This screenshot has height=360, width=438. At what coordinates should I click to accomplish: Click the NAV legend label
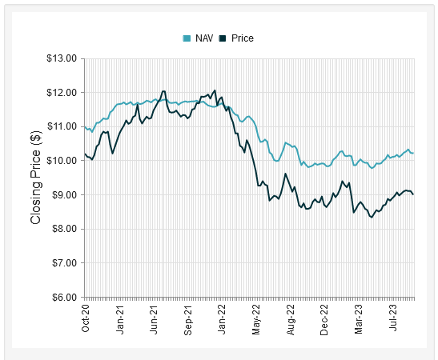pyautogui.click(x=204, y=38)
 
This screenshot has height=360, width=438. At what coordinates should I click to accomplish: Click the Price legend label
pyautogui.click(x=242, y=38)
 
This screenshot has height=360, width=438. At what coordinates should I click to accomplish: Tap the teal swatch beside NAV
pyautogui.click(x=187, y=38)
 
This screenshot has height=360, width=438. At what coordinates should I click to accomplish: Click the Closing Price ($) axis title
pyautogui.click(x=36, y=178)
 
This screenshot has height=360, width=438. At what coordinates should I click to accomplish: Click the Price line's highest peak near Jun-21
pyautogui.click(x=163, y=91)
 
